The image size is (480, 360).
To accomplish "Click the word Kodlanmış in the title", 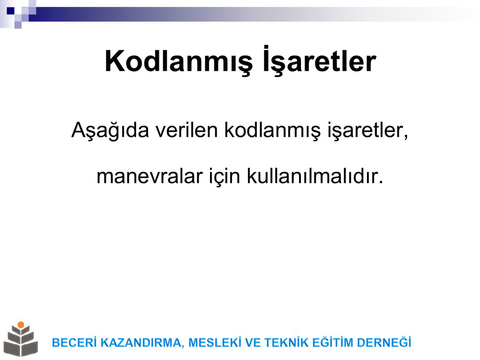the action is (179, 61).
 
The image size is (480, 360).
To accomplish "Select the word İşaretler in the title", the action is (319, 60).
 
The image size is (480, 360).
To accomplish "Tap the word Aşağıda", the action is (110, 130).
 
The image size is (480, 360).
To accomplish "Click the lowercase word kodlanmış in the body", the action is (272, 131).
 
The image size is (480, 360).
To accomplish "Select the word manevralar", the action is (150, 177).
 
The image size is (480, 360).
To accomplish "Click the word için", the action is (225, 177).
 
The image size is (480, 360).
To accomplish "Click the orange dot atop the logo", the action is (21, 324).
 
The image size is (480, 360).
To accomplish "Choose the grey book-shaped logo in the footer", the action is (21, 339).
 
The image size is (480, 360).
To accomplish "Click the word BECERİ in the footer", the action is (75, 342).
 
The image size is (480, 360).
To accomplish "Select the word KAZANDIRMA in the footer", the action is (142, 343).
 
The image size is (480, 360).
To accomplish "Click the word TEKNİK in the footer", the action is (286, 342).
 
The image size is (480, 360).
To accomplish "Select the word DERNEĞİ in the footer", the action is (384, 342).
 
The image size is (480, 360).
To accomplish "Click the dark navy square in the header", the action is (11, 11).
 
